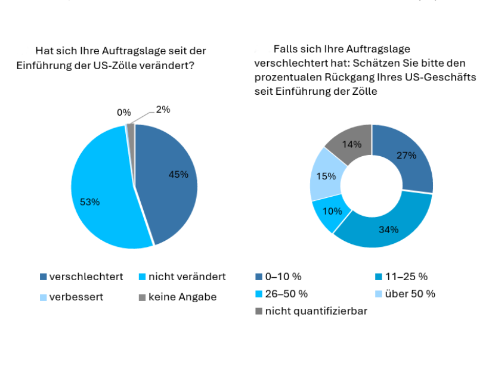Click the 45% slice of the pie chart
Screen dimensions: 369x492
pos(170,179)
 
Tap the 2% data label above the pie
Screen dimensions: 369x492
pos(163,109)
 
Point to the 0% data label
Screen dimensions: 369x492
pos(124,112)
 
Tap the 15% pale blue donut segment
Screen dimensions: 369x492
pos(327,176)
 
